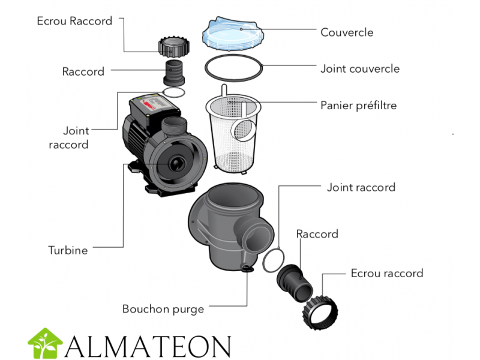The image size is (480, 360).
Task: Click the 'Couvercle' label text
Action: tap(347, 31)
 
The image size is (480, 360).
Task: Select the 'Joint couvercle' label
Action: tap(359, 68)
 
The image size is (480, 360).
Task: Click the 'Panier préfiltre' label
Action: tap(359, 106)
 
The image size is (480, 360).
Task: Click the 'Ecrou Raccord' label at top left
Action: tap(74, 21)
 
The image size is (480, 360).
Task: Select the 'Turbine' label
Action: tap(68, 250)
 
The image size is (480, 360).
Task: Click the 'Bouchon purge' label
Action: tap(163, 309)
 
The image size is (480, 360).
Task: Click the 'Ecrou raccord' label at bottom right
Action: tap(386, 273)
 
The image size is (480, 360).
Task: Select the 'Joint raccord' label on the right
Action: tap(361, 187)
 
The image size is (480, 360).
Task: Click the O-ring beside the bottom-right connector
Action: tap(274, 259)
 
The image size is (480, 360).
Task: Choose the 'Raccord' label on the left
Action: tap(83, 71)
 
